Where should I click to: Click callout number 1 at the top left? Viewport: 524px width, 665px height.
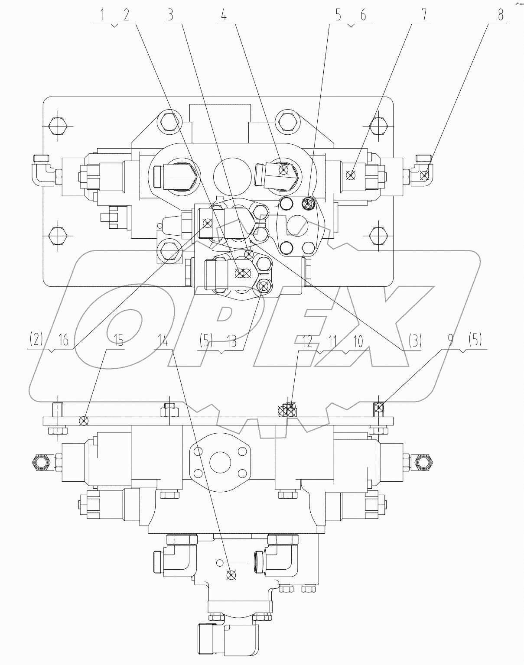(x=103, y=16)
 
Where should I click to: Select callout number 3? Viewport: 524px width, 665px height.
(x=170, y=16)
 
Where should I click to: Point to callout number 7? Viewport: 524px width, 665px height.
(x=424, y=16)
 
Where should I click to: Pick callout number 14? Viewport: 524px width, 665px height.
(x=163, y=341)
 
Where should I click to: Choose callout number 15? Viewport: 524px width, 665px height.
(x=118, y=341)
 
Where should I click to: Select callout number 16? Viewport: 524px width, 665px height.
(x=64, y=341)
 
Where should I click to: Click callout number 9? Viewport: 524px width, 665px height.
(x=450, y=341)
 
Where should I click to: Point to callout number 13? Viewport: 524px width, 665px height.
(x=231, y=341)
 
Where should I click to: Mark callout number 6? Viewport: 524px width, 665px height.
(x=362, y=16)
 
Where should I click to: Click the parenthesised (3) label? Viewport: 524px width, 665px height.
(x=414, y=341)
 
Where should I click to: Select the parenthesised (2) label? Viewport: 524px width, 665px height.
(x=36, y=341)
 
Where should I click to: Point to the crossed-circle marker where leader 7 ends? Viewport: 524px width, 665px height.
(x=352, y=175)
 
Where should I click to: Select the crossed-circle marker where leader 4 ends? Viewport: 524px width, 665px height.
(x=284, y=170)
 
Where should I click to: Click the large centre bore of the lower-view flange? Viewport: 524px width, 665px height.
(x=221, y=462)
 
